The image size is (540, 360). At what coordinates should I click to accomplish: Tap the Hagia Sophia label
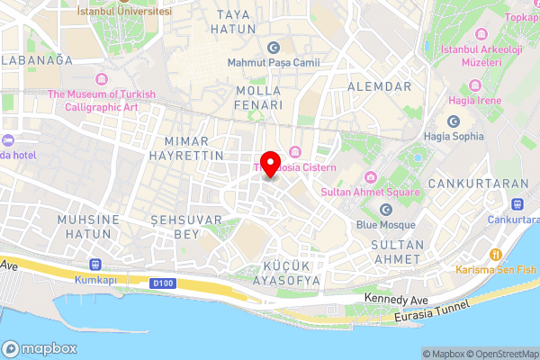point(453,136)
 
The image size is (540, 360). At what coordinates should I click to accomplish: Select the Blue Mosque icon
point(386,209)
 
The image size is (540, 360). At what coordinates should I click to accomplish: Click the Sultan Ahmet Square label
point(372,192)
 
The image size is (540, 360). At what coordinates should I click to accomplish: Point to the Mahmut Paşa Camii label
point(274,62)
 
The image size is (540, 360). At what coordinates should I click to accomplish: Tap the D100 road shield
point(163,283)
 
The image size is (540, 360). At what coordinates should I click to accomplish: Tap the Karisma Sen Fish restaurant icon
point(494,253)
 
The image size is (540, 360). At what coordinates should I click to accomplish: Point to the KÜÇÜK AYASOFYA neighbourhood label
point(290,274)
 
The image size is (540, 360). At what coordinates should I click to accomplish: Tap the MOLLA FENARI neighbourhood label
point(258,98)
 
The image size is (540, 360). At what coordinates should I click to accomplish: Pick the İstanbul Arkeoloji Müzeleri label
point(469,56)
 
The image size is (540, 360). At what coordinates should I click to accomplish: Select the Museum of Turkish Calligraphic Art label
point(102,101)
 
